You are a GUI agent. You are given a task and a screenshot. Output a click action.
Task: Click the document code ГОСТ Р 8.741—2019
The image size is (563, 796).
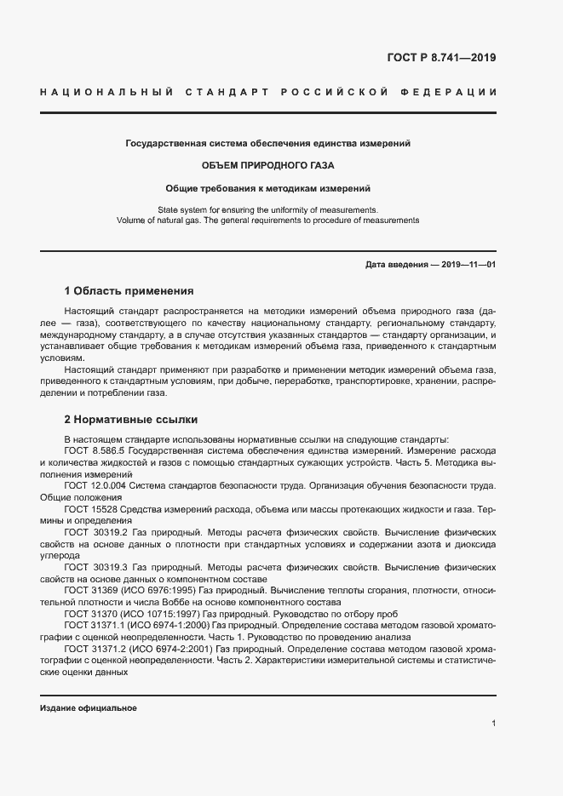coord(441,58)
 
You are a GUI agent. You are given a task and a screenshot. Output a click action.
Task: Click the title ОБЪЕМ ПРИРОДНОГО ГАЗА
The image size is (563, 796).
coord(267,165)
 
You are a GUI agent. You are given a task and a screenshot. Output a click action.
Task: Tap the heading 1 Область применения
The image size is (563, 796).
coord(129,290)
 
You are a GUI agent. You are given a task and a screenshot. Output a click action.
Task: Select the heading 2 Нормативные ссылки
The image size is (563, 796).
coord(131,420)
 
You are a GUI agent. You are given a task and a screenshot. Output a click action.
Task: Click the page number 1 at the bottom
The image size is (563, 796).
coord(493,724)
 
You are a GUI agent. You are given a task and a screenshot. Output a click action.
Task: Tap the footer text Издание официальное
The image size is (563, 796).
coord(89,708)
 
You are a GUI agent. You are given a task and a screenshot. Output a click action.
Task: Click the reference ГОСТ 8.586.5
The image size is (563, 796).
coord(95,450)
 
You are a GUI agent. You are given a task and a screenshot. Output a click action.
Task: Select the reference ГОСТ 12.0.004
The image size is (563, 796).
coord(95,485)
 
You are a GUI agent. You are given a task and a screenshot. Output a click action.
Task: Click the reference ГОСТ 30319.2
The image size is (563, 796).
coord(95,531)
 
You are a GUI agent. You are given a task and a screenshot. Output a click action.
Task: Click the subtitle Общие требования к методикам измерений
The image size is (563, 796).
coord(267,187)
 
